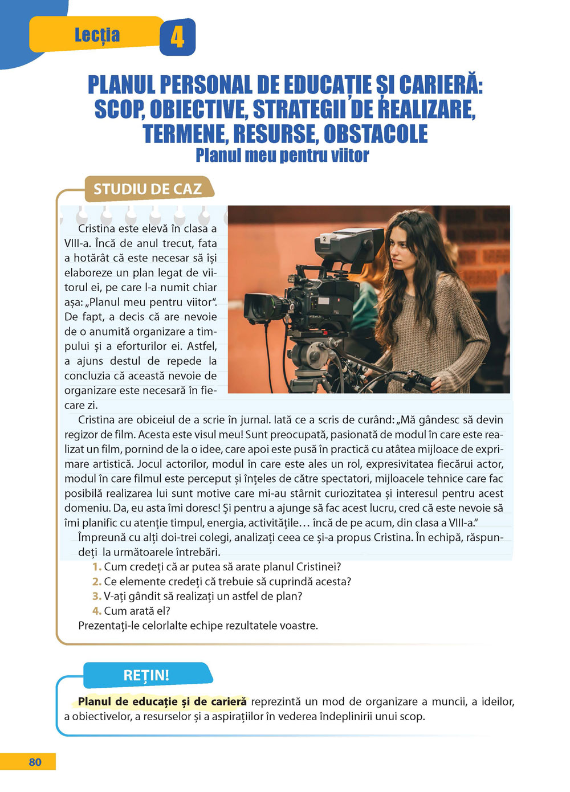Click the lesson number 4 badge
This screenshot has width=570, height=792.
point(177,37)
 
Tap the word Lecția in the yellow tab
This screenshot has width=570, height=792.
point(97,35)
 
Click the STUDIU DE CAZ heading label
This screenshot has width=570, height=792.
point(148,189)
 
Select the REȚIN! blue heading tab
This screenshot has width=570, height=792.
point(146,675)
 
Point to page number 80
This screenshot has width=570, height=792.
point(35,762)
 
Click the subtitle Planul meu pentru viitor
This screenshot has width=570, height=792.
point(282,155)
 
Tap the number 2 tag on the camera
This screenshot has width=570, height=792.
point(324,239)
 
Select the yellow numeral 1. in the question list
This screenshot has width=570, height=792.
point(96,567)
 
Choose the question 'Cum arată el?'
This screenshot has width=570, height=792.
point(137,611)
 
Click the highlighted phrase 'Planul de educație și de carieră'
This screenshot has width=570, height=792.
point(162,701)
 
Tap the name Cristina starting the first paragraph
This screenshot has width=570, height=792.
point(98,228)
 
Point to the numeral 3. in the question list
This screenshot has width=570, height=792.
point(96,596)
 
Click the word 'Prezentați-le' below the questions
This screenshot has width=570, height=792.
point(108,626)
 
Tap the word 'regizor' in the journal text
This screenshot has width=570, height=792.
point(83,435)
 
